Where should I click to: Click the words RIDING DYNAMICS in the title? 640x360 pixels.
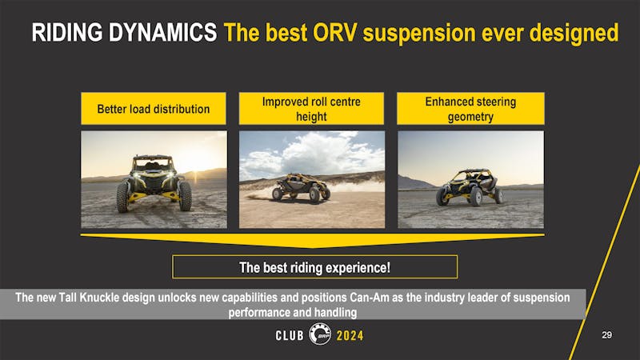pyautogui.click(x=123, y=33)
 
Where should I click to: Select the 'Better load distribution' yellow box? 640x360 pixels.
pyautogui.click(x=154, y=109)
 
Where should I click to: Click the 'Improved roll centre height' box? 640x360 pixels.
pyautogui.click(x=312, y=109)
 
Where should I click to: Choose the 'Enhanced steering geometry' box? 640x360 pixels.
pyautogui.click(x=470, y=109)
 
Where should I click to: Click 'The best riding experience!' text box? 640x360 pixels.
pyautogui.click(x=314, y=266)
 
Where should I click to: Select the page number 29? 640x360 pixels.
pyautogui.click(x=606, y=335)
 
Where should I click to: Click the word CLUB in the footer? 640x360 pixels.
pyautogui.click(x=284, y=336)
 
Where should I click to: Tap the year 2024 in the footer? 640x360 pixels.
pyautogui.click(x=350, y=336)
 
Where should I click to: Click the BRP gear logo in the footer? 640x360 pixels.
pyautogui.click(x=319, y=334)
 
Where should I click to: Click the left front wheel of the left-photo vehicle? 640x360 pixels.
pyautogui.click(x=122, y=198)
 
